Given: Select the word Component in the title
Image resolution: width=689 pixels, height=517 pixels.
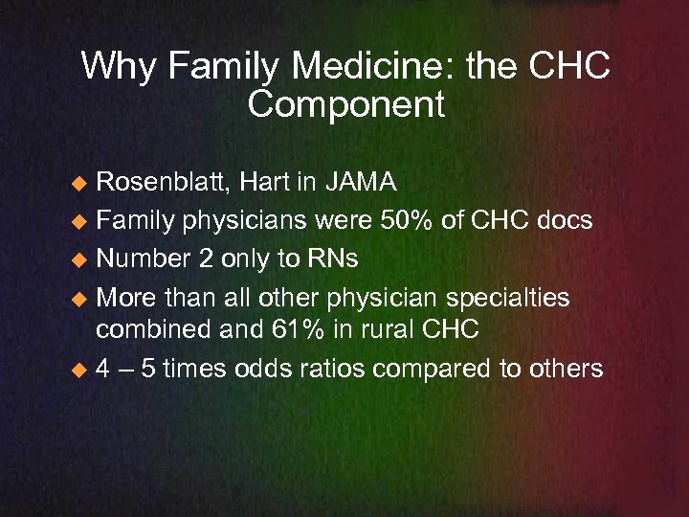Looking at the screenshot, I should pos(345,104).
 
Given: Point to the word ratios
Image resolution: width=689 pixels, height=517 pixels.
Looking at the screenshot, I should pos(326,368).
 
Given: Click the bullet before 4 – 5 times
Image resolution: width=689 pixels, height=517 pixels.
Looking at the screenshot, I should pos(82,369).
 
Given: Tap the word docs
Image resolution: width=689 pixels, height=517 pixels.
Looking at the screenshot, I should pos(564,221).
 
